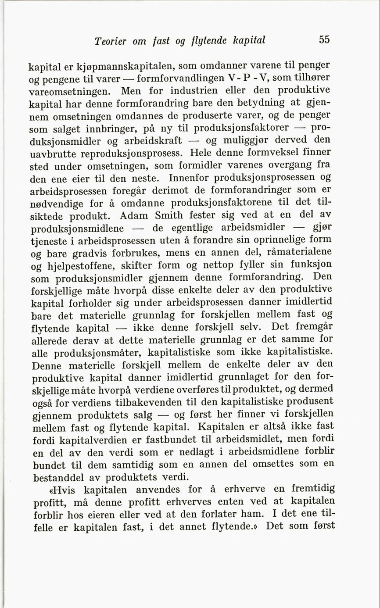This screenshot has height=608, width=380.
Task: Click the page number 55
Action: pos(324,39)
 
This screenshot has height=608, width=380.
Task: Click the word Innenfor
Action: pos(187,178)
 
